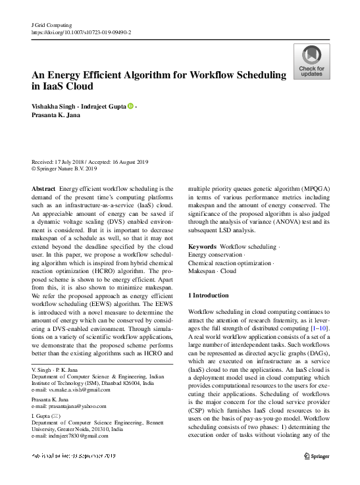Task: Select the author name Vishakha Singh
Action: point(58,106)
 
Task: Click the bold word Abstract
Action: point(43,188)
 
